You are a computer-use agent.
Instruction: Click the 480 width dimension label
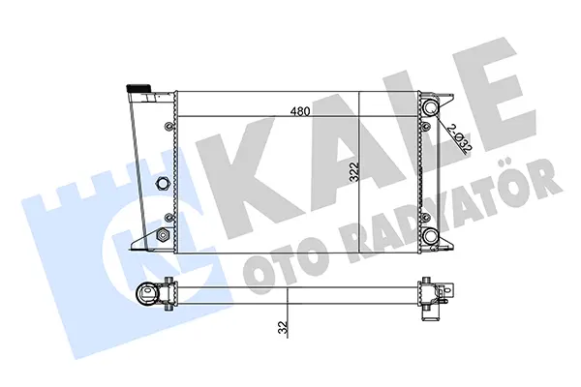point(300,111)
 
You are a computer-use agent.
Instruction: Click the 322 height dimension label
point(354,171)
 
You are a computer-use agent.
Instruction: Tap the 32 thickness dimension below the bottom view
point(283,328)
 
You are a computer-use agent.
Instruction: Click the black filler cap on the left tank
point(138,88)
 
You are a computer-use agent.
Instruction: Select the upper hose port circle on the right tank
point(431,107)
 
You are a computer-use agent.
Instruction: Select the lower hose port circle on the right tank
point(431,235)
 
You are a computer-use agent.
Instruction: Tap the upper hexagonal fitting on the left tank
point(163,182)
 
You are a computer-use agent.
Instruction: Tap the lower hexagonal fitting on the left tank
point(163,234)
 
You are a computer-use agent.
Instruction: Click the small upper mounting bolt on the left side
point(168,125)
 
